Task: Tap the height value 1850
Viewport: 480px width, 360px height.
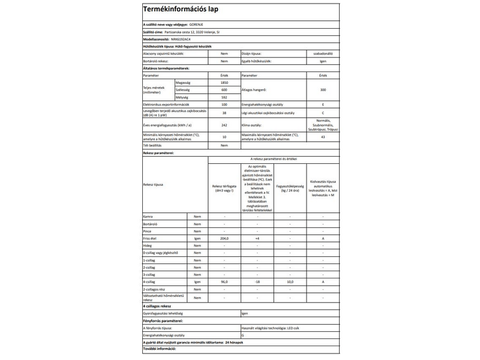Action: click(224, 82)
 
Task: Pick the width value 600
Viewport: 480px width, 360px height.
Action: click(224, 89)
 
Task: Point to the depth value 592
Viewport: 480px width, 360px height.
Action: click(224, 97)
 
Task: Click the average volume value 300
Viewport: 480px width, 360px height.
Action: click(323, 89)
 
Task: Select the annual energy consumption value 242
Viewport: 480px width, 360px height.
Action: click(224, 125)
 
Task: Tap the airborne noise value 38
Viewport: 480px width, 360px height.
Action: click(224, 112)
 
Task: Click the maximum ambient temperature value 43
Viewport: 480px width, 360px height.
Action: click(323, 137)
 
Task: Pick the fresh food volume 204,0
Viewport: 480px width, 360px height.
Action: click(224, 238)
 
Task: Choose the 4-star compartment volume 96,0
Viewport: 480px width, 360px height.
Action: click(224, 281)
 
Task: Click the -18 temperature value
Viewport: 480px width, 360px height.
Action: click(257, 281)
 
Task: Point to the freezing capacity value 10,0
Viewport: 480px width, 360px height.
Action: click(290, 281)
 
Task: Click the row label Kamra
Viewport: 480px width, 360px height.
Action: click(148, 216)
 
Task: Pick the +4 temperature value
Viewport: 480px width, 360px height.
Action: click(257, 238)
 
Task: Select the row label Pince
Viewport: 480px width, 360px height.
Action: click(148, 231)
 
